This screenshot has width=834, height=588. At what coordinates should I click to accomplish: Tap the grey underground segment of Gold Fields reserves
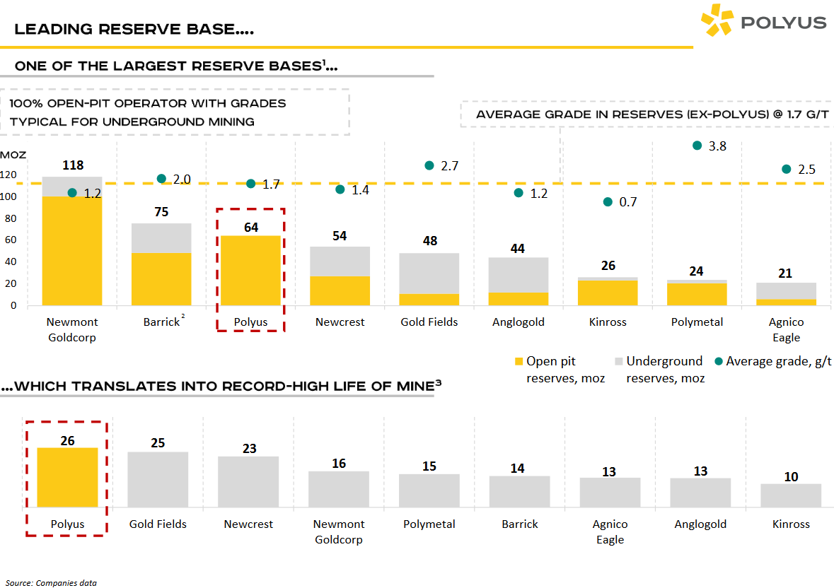[429, 273]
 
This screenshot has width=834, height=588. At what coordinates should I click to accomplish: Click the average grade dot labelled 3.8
[697, 146]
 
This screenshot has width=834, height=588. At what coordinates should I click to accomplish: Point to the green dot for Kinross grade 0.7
[608, 201]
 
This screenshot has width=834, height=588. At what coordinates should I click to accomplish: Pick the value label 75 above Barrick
[161, 213]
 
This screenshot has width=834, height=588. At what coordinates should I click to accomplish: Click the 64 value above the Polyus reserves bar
[250, 227]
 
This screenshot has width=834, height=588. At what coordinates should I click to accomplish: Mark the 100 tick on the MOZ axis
[8, 196]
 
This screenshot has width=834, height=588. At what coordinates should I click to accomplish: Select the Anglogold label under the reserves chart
[519, 322]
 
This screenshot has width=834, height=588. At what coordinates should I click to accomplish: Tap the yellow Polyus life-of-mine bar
[67, 477]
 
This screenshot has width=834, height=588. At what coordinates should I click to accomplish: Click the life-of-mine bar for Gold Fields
[158, 479]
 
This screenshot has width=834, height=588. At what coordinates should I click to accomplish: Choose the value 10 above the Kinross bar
[791, 476]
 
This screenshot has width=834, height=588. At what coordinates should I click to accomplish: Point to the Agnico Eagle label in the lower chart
[610, 531]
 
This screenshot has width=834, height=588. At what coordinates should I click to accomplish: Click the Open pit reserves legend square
[519, 362]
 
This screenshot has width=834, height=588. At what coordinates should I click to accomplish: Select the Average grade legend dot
[719, 361]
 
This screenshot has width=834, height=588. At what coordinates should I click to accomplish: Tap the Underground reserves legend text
[664, 369]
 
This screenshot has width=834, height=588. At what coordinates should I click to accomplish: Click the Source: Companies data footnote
[51, 583]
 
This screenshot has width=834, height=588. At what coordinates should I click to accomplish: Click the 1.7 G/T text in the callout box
[801, 114]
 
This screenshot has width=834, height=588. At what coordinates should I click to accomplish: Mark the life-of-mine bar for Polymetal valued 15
[429, 490]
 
